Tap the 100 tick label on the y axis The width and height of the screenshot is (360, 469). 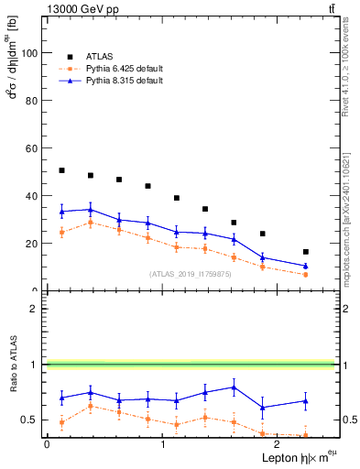tap(29, 53)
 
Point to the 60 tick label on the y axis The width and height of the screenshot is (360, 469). tap(32, 148)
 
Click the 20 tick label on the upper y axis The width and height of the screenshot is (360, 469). tap(32, 244)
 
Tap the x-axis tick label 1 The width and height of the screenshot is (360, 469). tap(162, 444)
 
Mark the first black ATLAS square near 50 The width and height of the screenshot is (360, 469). tap(61, 170)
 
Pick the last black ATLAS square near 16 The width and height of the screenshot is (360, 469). tap(305, 252)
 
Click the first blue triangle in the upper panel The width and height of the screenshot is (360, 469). tap(61, 212)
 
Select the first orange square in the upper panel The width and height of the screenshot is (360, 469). tap(61, 233)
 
